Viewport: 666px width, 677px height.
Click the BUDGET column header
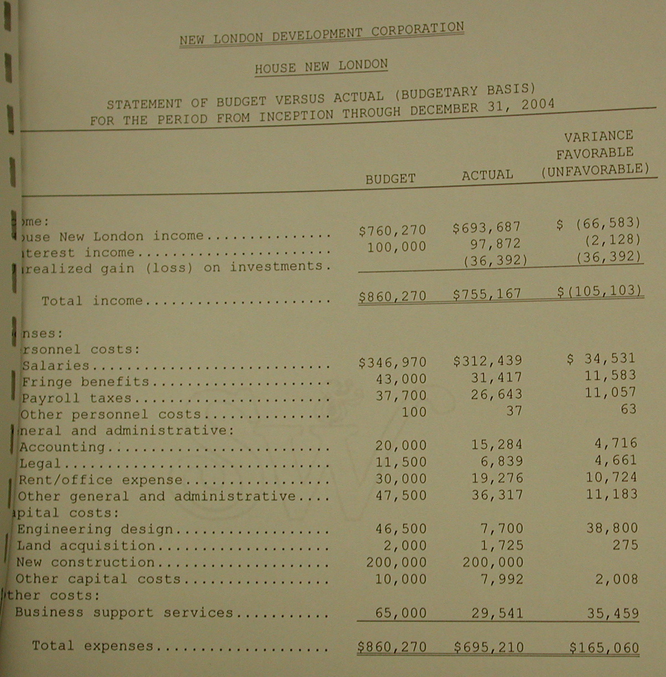(x=390, y=179)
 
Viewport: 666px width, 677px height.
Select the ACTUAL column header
(x=487, y=175)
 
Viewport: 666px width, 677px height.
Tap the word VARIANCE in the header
(x=598, y=136)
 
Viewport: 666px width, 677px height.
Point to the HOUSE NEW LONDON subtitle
(x=321, y=66)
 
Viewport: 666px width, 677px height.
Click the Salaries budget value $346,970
(x=393, y=363)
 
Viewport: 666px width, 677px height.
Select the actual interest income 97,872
(x=493, y=244)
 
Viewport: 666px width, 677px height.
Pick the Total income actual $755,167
(x=487, y=294)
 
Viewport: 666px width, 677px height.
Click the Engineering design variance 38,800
(x=612, y=528)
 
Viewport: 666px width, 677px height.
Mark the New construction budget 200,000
(x=396, y=562)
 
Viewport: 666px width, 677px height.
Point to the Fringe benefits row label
(x=85, y=382)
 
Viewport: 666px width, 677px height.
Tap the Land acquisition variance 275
(x=625, y=545)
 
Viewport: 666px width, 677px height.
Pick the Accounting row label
(x=62, y=447)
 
